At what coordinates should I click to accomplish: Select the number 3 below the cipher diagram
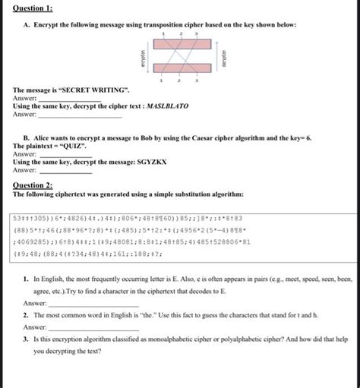pos(197,80)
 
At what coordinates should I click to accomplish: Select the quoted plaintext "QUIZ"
pos(60,147)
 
